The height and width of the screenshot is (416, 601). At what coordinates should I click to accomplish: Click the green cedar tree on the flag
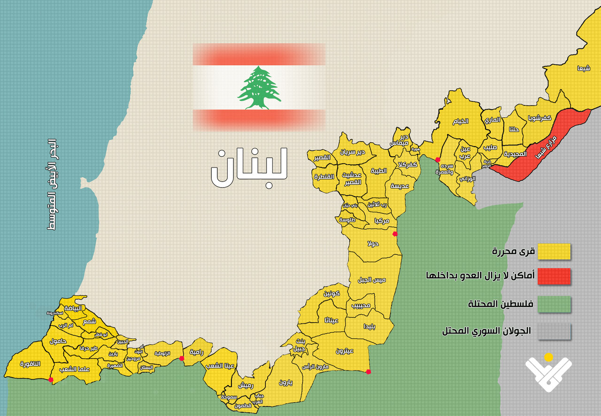[259, 88]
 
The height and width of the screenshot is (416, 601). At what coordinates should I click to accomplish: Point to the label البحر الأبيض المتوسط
[52, 184]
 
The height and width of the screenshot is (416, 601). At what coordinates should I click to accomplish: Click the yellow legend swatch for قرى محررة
[554, 251]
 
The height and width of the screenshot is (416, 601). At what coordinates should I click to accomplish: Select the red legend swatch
[554, 277]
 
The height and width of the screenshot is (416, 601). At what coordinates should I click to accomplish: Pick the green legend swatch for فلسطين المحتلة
[554, 304]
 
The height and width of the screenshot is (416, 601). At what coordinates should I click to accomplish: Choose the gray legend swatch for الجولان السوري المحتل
[554, 331]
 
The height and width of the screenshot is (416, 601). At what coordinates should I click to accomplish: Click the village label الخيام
[461, 121]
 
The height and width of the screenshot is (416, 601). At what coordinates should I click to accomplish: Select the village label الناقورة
[31, 364]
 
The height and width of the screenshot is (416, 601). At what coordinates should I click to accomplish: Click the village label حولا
[374, 244]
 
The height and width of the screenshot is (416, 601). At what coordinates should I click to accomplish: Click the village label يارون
[285, 382]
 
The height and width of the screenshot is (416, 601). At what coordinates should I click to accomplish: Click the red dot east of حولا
[395, 234]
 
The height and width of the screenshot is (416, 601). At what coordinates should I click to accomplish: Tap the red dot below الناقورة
[51, 380]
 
